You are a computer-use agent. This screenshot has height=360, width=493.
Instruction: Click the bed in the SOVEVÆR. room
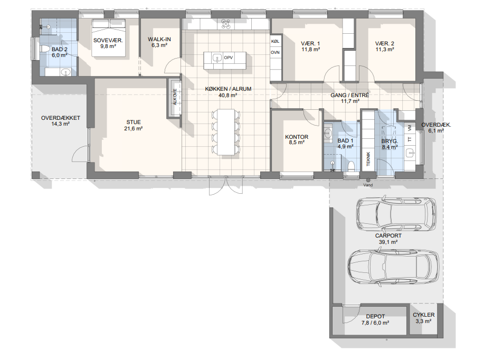[x=109, y=38]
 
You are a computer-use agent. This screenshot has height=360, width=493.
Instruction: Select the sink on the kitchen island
[x=217, y=58]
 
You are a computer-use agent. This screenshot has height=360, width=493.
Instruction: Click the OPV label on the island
[x=228, y=58]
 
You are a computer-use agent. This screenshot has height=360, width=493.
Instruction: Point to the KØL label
[x=275, y=41]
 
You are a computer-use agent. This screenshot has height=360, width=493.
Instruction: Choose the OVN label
[x=275, y=52]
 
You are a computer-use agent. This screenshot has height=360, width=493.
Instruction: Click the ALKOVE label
[x=175, y=97]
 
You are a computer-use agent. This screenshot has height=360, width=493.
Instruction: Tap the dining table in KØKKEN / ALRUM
[x=226, y=132]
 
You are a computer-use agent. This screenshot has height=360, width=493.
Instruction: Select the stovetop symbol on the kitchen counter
[x=226, y=24]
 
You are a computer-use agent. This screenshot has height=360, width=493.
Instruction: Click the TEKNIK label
[x=368, y=159]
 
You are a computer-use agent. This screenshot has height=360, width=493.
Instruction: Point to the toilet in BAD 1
[x=351, y=166]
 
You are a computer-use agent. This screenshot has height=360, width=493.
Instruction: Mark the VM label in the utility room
[x=409, y=128]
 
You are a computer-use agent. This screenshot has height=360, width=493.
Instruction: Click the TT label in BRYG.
[x=410, y=139]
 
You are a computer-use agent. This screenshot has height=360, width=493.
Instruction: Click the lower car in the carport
[x=393, y=267]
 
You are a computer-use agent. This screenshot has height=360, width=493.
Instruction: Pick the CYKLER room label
[x=423, y=315]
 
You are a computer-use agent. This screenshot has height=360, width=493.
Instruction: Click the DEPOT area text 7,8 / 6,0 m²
[x=375, y=323]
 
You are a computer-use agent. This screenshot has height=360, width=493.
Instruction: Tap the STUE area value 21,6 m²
[x=134, y=129]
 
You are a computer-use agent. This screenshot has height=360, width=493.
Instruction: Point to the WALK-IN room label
[x=159, y=39]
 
